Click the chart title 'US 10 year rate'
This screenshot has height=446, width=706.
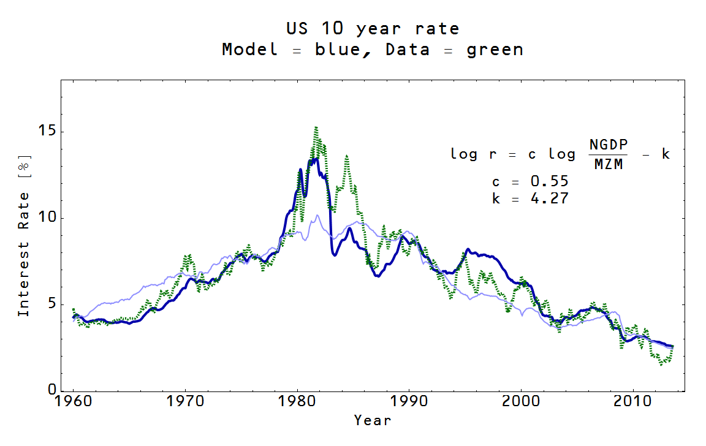(373, 28)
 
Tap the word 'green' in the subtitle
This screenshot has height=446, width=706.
(495, 50)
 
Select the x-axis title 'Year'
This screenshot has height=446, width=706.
(372, 420)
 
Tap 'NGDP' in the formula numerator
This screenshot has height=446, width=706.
(609, 145)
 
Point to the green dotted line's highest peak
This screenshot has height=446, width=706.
(316, 127)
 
